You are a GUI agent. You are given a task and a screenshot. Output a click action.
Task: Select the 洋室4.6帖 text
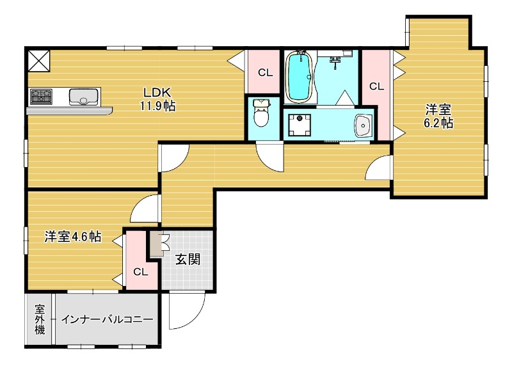click(72, 236)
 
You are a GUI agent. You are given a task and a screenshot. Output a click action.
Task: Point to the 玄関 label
click(188, 260)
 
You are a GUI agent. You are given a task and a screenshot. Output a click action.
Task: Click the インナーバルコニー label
click(107, 319)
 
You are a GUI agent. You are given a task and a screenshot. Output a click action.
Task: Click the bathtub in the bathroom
click(298, 77)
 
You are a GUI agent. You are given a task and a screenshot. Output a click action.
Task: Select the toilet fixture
click(261, 115)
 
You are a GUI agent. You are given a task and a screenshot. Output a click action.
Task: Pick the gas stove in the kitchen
click(41, 97)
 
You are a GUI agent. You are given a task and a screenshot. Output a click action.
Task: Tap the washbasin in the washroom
click(362, 125)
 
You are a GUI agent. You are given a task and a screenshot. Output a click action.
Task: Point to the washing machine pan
click(298, 125)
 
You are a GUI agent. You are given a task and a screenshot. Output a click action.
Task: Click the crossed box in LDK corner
click(38, 61)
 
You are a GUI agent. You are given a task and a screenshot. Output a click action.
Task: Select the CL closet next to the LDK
click(264, 72)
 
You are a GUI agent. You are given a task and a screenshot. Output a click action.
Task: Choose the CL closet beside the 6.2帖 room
click(376, 86)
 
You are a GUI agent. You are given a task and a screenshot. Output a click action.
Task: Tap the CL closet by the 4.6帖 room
click(140, 271)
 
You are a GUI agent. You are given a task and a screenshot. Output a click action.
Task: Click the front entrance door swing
click(186, 311)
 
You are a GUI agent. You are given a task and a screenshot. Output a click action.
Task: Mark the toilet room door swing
click(269, 157)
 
